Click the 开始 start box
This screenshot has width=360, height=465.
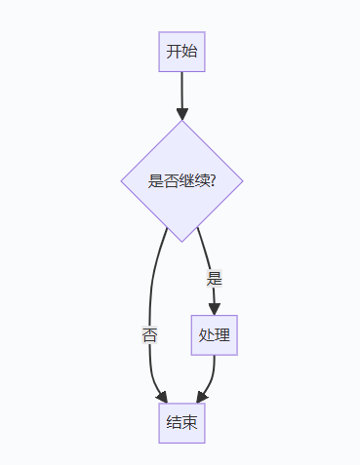(x=181, y=52)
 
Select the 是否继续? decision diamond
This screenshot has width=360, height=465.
(x=181, y=180)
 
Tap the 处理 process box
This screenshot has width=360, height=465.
(x=215, y=335)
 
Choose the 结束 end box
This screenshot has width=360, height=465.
(x=181, y=422)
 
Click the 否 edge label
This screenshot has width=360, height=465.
(x=150, y=335)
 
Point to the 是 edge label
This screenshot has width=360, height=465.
(x=215, y=278)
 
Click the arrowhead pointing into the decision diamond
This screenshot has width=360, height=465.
(x=181, y=113)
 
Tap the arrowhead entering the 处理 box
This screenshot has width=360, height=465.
(x=215, y=308)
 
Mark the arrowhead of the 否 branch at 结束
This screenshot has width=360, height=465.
(x=162, y=397)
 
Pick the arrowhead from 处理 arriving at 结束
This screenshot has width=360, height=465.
(x=201, y=397)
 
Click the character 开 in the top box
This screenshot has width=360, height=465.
(x=174, y=52)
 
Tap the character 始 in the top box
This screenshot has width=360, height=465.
(x=189, y=52)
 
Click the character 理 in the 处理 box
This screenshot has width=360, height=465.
(x=222, y=335)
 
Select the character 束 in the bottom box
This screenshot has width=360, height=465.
(x=189, y=422)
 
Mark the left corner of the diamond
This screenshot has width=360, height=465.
(x=122, y=180)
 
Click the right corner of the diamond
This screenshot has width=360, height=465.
(x=241, y=180)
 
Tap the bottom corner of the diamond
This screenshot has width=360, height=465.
(x=181, y=240)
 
